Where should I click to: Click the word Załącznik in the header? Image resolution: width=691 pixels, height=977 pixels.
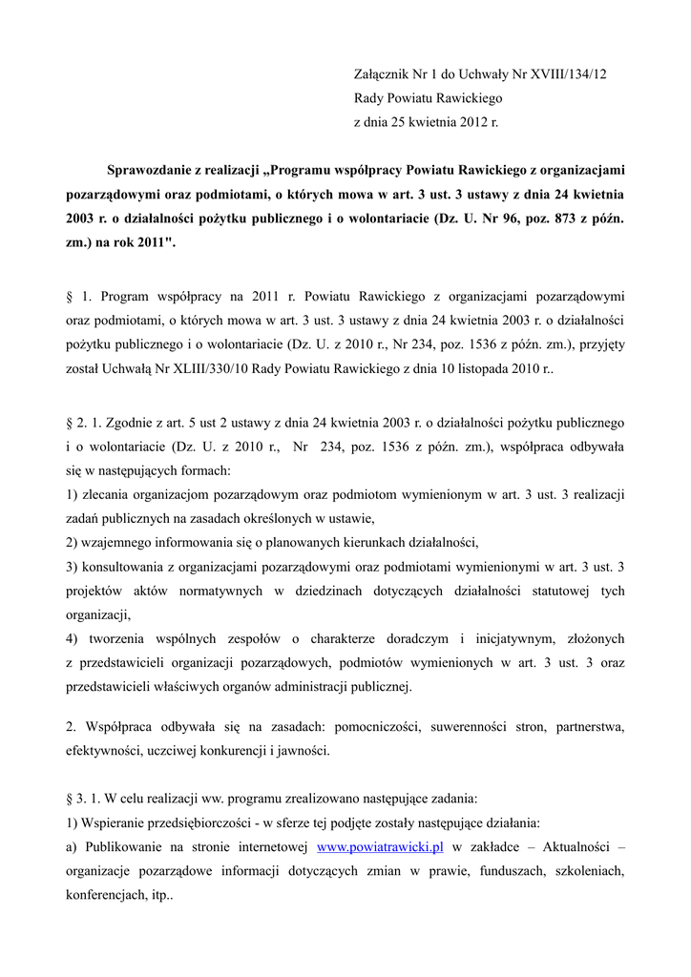(x=384, y=73)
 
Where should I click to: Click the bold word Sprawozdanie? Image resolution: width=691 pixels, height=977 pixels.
(x=155, y=171)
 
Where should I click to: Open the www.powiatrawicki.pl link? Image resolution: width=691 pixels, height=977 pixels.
(x=380, y=846)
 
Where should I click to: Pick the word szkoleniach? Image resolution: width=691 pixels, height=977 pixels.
(x=585, y=870)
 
